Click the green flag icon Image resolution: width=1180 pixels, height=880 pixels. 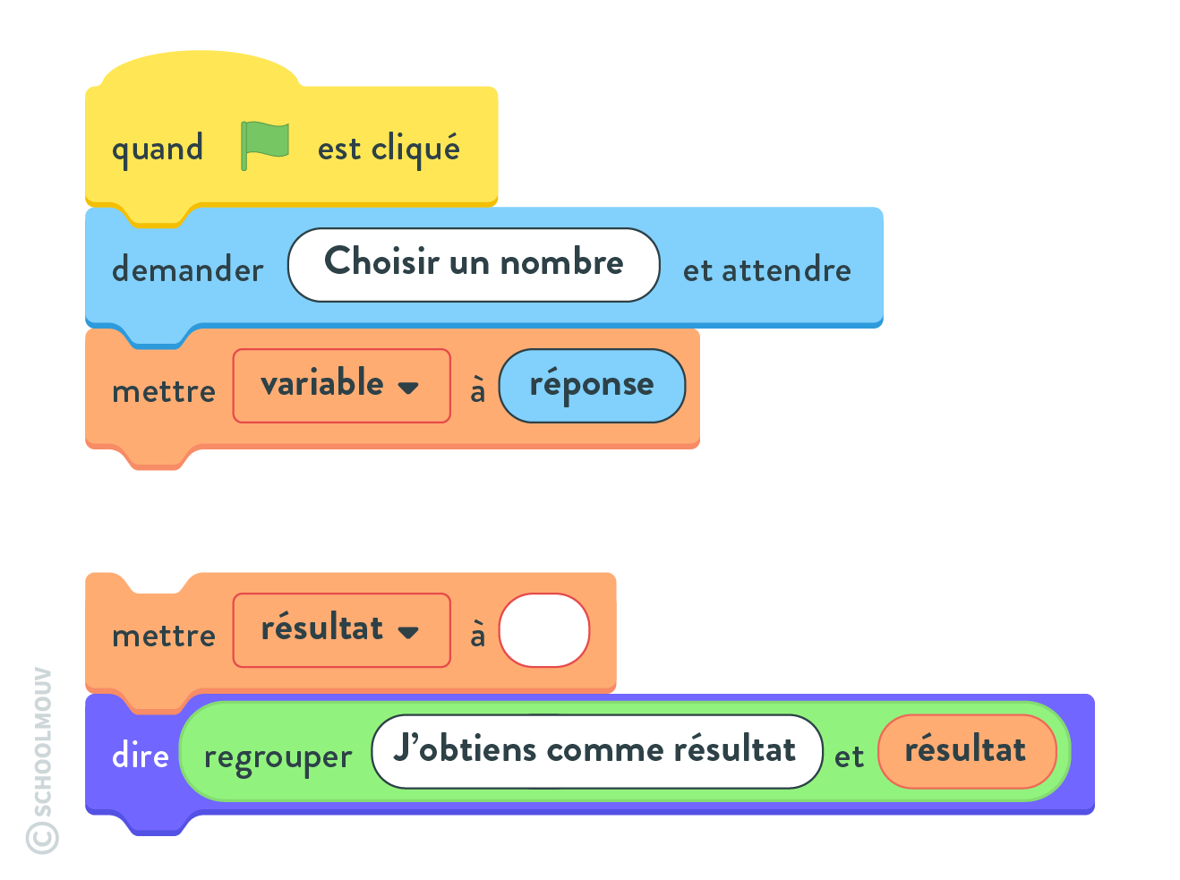click(264, 145)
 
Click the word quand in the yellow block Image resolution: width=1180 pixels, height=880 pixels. click(158, 149)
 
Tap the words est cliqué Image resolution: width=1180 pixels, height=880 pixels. click(389, 148)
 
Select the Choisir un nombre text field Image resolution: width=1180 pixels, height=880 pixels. click(474, 265)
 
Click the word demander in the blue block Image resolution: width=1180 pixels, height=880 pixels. click(188, 268)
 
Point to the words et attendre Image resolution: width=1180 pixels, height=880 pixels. click(766, 269)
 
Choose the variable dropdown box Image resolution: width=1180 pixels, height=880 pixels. click(342, 386)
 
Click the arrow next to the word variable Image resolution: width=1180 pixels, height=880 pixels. click(408, 388)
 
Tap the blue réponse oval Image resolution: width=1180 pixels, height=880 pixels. click(592, 386)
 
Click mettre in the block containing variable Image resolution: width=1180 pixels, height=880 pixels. click(164, 391)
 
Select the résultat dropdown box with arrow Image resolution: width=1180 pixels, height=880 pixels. click(342, 630)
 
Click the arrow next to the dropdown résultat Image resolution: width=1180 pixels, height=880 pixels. click(408, 632)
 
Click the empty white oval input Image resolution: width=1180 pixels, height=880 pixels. click(544, 630)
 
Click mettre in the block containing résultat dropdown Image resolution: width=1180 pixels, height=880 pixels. click(164, 636)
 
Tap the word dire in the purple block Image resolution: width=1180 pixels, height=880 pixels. click(141, 755)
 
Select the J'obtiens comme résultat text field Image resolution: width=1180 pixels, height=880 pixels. click(597, 751)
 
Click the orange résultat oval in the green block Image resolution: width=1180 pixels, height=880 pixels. click(967, 751)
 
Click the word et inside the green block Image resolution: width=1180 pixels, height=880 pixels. click(849, 756)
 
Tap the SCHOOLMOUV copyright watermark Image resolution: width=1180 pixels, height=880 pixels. click(42, 760)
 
